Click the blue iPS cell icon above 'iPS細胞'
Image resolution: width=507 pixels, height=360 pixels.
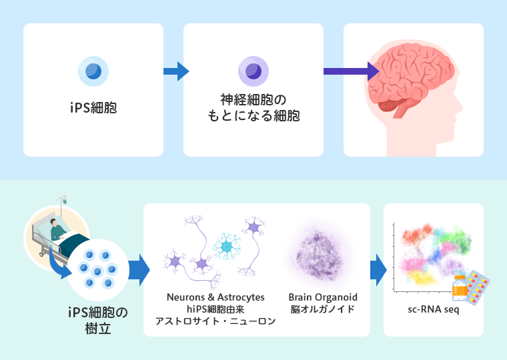[x=93, y=70]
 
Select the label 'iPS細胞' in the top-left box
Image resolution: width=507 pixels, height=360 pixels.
[x=93, y=107]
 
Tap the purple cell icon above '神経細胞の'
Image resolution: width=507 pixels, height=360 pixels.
[x=253, y=70]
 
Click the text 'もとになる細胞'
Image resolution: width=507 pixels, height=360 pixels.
[x=253, y=116]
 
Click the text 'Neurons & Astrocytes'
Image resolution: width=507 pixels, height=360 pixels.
[x=215, y=297]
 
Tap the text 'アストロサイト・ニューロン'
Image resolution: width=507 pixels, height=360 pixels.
[x=215, y=321]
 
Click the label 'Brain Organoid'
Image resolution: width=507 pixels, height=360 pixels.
[x=323, y=297]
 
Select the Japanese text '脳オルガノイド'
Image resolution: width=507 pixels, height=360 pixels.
[x=323, y=309]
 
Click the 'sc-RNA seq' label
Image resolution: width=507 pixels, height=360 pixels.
[x=433, y=309]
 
